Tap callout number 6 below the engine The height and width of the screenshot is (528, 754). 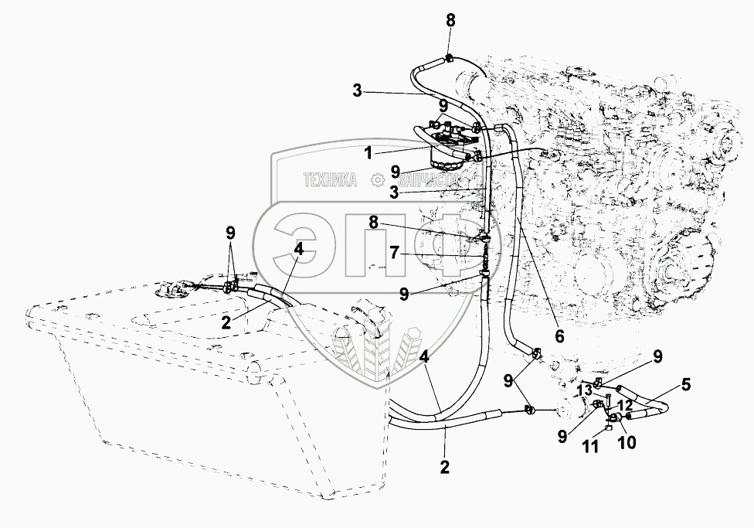click(559, 336)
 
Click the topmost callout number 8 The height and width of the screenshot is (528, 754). click(450, 19)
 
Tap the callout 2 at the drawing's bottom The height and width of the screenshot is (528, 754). click(445, 467)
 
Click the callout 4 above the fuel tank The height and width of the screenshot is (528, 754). click(298, 249)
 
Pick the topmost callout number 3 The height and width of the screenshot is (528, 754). click(357, 90)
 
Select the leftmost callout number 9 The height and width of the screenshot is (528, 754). click(230, 232)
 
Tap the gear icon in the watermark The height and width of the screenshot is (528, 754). click(378, 179)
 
